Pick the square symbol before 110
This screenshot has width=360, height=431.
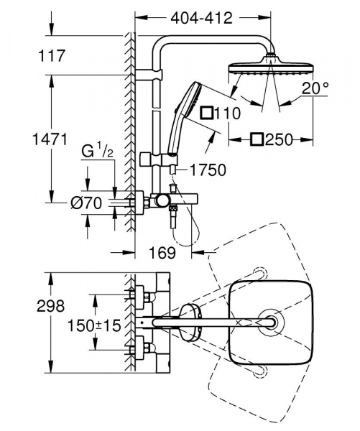[208, 113]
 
